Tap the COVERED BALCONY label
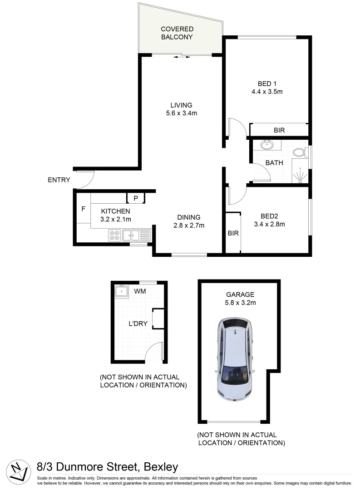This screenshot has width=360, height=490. (x=177, y=33)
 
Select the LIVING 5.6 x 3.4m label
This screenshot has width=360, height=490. (x=181, y=109)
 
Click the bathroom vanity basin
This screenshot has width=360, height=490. (x=266, y=145)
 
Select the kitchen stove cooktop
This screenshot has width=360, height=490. (x=114, y=235)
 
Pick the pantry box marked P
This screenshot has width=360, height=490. (x=135, y=198)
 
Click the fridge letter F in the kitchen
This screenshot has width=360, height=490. (x=83, y=209)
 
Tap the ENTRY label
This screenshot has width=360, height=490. (x=59, y=180)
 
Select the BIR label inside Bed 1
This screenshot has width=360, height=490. (x=279, y=130)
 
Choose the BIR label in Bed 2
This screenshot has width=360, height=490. (x=233, y=234)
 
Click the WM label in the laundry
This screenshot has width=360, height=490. (x=140, y=291)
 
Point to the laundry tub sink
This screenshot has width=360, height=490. (x=122, y=291)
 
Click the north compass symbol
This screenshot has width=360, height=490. (x=17, y=471)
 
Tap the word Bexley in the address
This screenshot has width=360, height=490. (x=161, y=467)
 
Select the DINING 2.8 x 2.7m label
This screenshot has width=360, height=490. (x=188, y=221)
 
